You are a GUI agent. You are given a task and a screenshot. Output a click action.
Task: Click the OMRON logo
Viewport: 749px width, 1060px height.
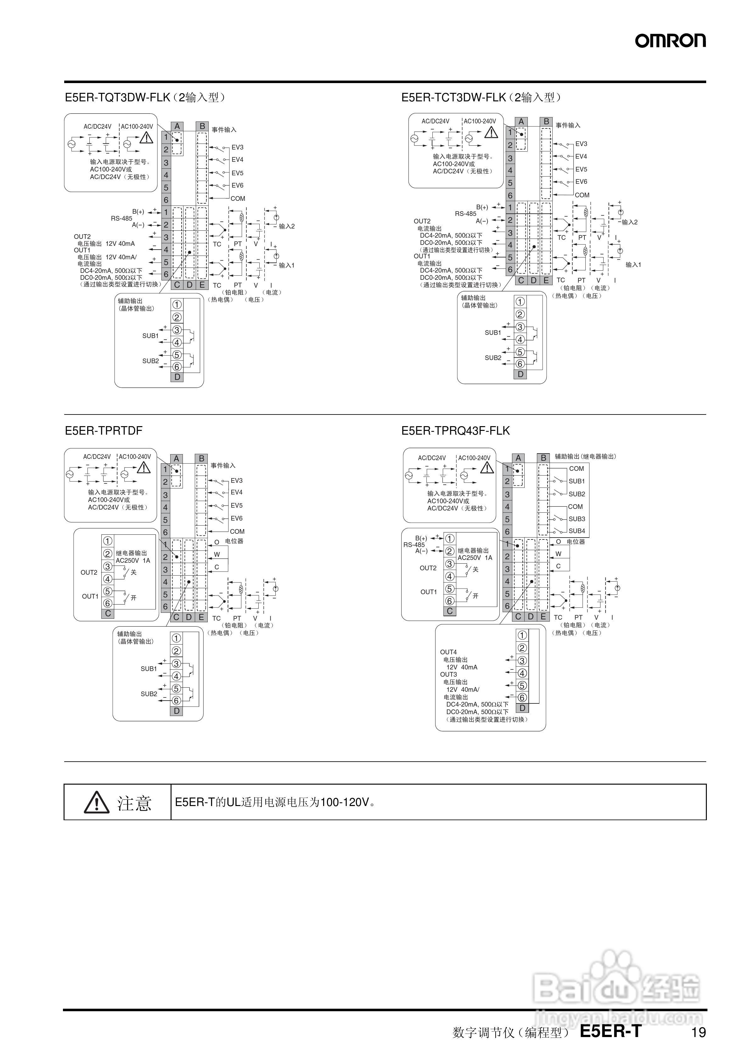tap(670, 41)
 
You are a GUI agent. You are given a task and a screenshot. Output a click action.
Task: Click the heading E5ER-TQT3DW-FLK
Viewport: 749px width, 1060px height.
tap(118, 98)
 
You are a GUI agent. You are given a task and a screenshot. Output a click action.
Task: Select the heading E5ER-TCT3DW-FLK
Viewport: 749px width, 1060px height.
tap(453, 98)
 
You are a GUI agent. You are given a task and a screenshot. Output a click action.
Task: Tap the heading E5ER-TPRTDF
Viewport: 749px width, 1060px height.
tap(104, 431)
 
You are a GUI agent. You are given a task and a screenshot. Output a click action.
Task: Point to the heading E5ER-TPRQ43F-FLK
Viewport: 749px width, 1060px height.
tap(455, 431)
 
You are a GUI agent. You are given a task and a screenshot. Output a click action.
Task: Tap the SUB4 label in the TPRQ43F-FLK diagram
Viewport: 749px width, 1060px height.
tap(577, 531)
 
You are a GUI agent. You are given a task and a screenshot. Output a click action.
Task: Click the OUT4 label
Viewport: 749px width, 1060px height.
tap(448, 652)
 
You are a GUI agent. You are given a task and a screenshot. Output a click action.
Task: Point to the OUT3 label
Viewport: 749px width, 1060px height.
tap(448, 674)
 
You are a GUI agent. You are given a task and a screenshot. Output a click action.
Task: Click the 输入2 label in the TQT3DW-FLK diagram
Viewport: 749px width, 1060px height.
tap(286, 226)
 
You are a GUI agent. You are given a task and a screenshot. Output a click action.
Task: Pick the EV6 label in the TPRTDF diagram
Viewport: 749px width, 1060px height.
tap(236, 518)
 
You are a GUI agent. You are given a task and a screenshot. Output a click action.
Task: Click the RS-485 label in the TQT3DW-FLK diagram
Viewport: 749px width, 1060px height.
tap(121, 218)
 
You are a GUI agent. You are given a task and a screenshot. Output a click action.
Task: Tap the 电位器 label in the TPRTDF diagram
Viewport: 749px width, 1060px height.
tap(234, 541)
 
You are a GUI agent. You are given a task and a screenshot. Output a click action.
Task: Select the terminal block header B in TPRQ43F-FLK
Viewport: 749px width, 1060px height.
tap(543, 458)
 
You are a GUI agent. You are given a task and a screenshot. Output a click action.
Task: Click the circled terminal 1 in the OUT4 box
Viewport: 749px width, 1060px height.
tap(522, 635)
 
